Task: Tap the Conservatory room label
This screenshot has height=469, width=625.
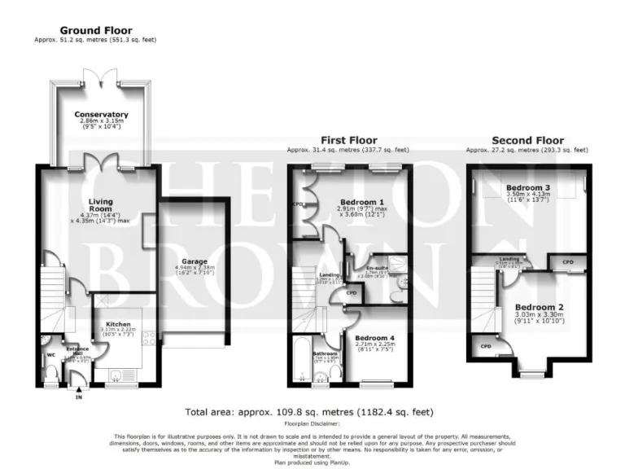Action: pos(101,115)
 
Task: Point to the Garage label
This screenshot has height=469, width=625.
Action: pos(184,262)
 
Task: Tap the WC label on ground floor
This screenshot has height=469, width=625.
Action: pos(50,355)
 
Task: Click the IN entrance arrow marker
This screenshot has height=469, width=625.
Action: pos(79,396)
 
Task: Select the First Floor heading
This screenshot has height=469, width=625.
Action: pos(348,140)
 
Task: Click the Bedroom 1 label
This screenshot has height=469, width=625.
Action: pos(362,202)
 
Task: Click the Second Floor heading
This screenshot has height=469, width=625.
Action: pos(526,140)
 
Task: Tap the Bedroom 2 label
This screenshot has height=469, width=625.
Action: pos(534,307)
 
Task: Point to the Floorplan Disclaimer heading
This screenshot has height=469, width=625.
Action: pos(312,423)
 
